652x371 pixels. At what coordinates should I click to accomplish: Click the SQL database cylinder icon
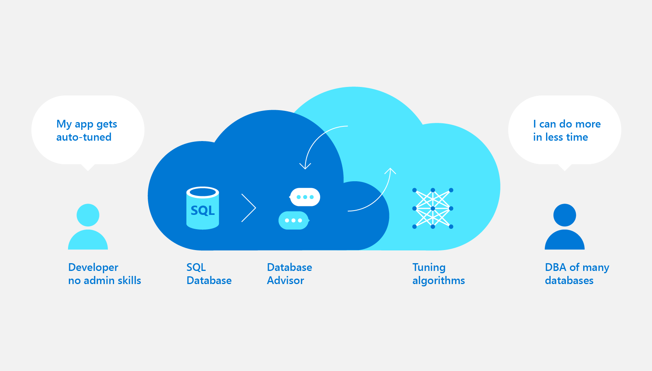coord(203,208)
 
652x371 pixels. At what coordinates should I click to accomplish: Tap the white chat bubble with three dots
coord(305,197)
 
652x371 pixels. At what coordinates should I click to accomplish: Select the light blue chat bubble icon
coord(294,220)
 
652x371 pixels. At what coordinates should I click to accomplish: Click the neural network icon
coord(433,208)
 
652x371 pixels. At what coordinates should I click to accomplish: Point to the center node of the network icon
coord(433,208)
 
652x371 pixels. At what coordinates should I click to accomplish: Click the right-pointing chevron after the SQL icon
coord(249,208)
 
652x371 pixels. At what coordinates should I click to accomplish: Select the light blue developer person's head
coord(88,215)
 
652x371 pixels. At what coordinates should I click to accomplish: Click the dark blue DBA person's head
coord(565,215)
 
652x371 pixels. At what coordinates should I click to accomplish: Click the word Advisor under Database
coord(285,281)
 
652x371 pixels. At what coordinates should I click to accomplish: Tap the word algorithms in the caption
coord(439,281)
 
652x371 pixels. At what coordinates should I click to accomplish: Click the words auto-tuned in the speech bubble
coord(84,137)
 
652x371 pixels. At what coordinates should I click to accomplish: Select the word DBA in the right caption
coord(556,267)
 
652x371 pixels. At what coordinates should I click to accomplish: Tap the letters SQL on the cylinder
coord(203,210)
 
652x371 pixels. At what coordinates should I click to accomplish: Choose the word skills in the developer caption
coord(129,281)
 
